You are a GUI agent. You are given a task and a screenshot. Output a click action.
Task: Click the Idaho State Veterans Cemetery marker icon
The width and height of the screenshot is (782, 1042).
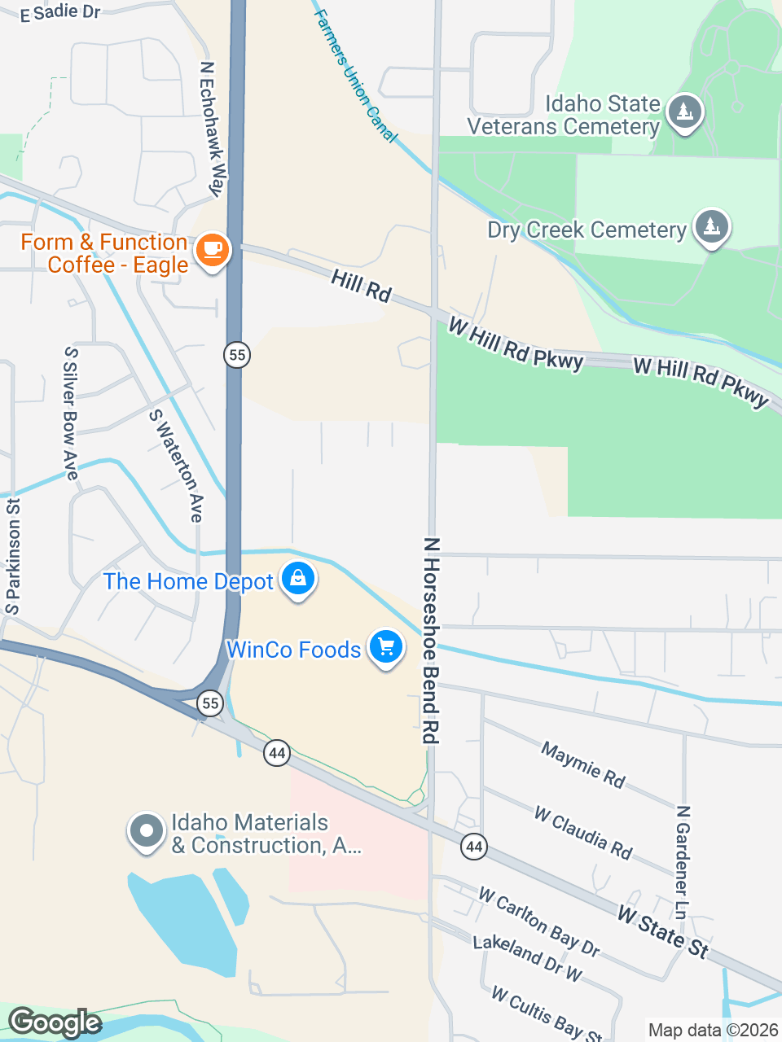684,112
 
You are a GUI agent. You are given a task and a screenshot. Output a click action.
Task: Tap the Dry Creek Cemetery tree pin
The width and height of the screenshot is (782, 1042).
712,227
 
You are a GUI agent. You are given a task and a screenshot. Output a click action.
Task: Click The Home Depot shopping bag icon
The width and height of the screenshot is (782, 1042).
298,579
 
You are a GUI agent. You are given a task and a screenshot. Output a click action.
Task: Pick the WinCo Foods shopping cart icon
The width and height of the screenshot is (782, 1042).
386,647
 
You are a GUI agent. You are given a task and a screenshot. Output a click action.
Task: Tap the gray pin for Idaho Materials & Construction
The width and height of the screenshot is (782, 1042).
147,832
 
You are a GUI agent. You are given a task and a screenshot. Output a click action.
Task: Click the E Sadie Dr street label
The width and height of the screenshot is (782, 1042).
60,12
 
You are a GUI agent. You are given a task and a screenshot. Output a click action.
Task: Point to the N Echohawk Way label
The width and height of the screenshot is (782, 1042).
212,129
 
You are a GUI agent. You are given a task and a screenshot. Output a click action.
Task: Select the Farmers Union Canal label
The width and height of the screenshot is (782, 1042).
355,76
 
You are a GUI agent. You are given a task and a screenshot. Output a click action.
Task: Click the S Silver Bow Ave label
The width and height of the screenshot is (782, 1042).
71,414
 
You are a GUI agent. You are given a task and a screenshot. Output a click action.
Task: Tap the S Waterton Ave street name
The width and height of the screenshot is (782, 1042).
177,465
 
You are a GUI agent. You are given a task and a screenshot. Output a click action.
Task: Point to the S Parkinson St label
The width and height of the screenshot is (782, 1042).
13,556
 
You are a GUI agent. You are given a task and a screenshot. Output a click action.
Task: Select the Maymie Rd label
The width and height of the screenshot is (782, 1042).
582,764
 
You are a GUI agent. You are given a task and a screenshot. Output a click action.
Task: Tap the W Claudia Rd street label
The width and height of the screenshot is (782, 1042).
583,832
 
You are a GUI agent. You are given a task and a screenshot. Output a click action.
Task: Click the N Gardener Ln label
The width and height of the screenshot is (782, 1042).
683,862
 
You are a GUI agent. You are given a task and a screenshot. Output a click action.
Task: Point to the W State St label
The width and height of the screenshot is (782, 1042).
663,931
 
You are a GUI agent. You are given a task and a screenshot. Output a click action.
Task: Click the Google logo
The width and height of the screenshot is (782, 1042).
55,1022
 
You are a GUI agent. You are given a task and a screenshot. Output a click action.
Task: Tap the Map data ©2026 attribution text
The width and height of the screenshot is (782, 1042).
713,1031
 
